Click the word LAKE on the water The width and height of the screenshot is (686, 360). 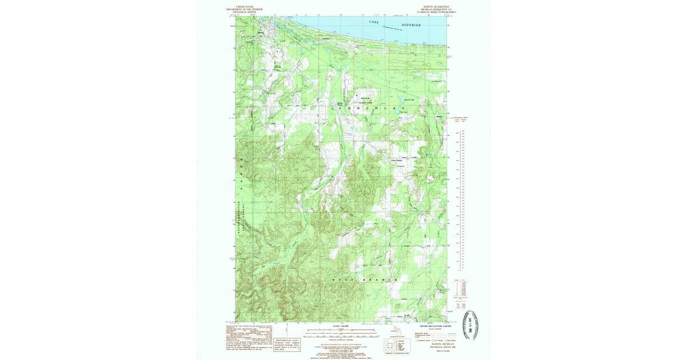[x=374, y=22]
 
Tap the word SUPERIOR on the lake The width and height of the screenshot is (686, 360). [x=410, y=26]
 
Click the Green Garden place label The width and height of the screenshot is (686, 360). [x=397, y=160]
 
